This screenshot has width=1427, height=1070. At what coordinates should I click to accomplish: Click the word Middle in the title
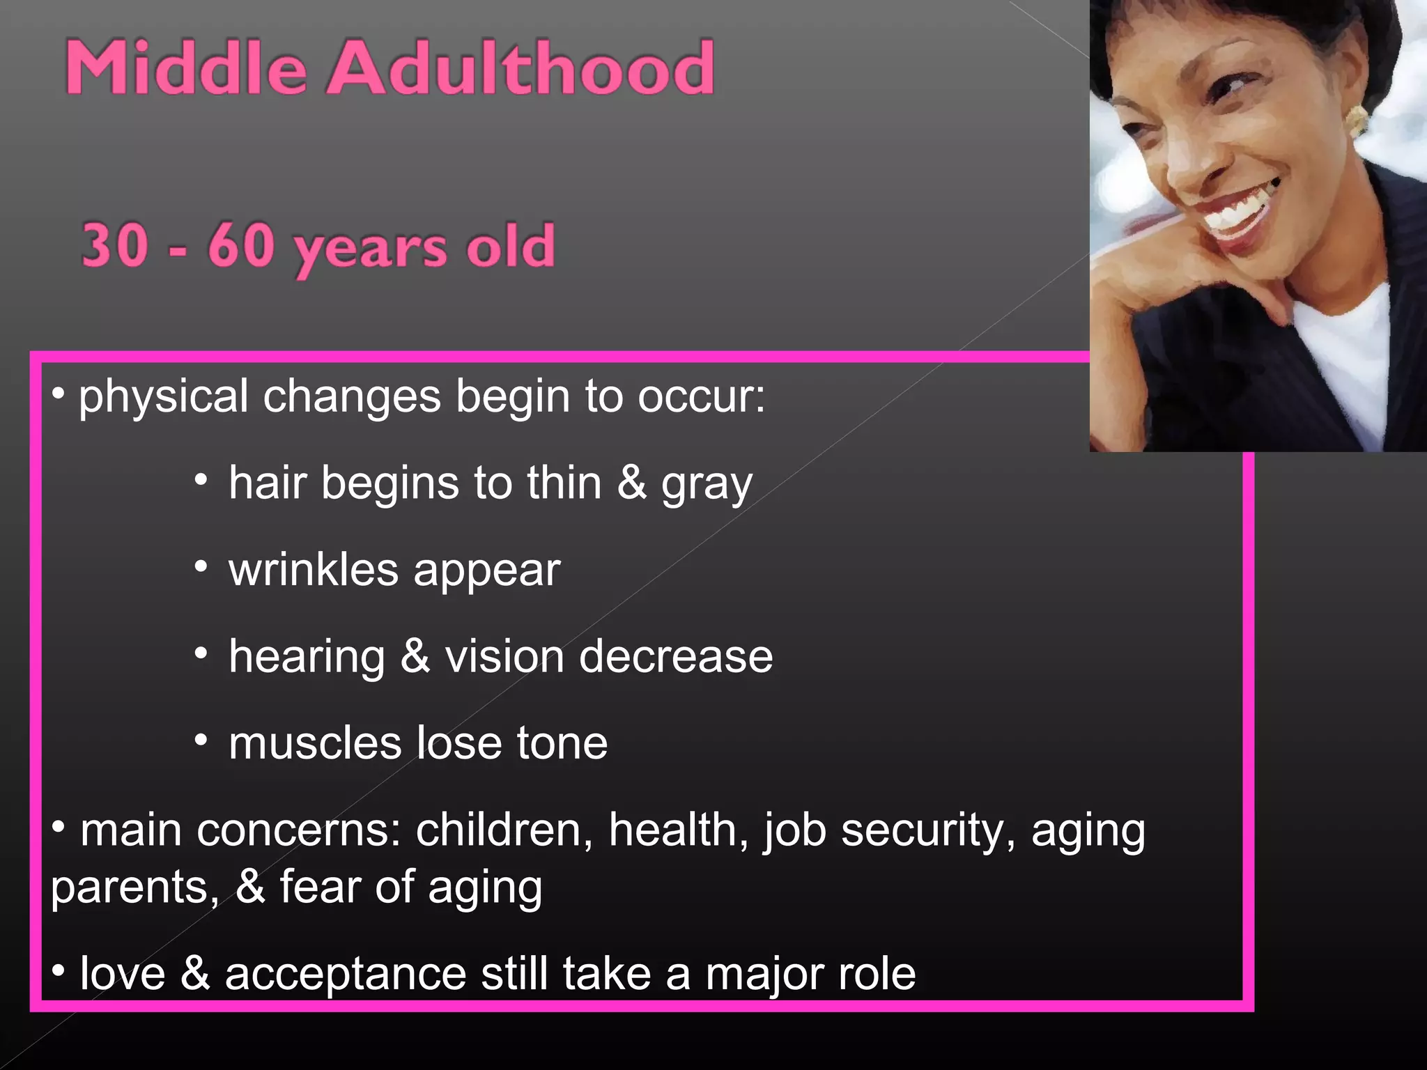pyautogui.click(x=185, y=68)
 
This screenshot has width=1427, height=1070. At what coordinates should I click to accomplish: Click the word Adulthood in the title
pyautogui.click(x=521, y=68)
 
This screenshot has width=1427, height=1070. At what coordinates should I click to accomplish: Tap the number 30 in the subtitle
pyautogui.click(x=115, y=245)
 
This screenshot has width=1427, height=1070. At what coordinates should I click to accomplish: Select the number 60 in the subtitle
pyautogui.click(x=241, y=245)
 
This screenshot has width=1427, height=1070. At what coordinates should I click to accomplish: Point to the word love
pyautogui.click(x=123, y=974)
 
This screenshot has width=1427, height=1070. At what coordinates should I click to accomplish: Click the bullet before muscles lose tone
pyautogui.click(x=201, y=740)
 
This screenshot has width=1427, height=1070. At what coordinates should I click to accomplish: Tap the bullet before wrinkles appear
pyautogui.click(x=201, y=566)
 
